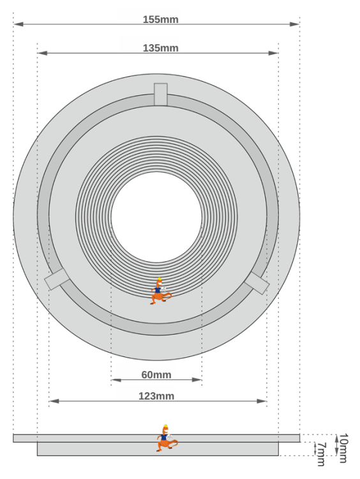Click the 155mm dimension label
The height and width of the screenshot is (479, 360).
pos(161,19)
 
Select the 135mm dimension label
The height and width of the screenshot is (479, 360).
pos(161,48)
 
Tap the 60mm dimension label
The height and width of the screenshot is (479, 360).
pos(156,375)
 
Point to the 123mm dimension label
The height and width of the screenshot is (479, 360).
pos(156,396)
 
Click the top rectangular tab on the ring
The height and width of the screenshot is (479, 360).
pos(161,94)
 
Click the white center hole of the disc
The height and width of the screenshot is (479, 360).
pos(156,217)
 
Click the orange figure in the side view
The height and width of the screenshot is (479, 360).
pos(167,438)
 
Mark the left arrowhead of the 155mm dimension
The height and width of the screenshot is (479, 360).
pos(17,24)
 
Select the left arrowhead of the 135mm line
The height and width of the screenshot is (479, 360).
pos(41,54)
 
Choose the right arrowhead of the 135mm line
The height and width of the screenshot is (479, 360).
pos(275,54)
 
